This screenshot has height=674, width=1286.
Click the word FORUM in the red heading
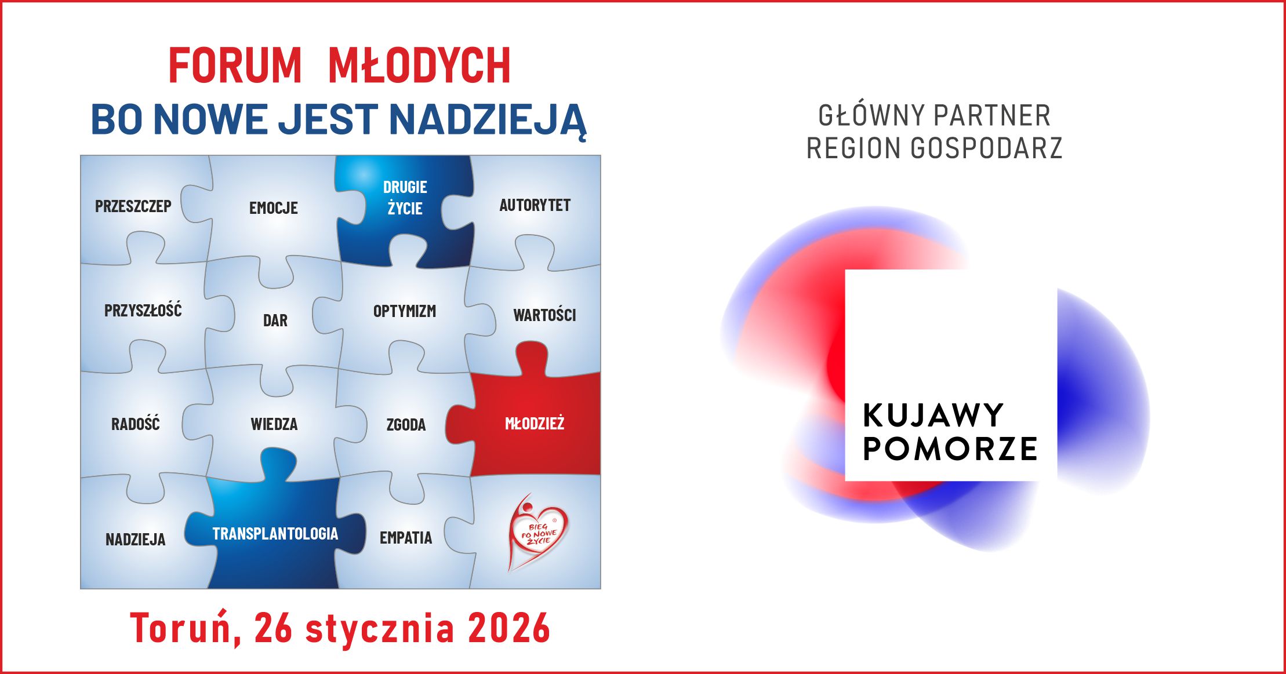click(235, 65)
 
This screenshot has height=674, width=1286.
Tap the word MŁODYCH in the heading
click(419, 65)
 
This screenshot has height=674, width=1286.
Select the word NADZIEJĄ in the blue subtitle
click(488, 119)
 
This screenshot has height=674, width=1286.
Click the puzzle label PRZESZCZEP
click(133, 206)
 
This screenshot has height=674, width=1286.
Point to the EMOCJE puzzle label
click(274, 208)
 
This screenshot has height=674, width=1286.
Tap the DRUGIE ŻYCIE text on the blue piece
click(405, 198)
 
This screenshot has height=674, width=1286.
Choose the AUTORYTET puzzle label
click(535, 205)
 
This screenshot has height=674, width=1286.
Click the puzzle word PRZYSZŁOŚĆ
click(143, 310)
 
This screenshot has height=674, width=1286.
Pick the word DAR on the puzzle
click(275, 320)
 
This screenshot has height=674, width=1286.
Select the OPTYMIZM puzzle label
click(405, 311)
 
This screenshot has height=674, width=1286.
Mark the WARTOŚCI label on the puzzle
click(544, 315)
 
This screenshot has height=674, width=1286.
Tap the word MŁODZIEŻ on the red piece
click(535, 424)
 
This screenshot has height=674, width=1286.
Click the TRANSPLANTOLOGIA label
click(275, 534)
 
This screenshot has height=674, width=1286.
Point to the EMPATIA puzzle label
click(406, 538)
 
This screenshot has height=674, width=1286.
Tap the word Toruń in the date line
click(181, 628)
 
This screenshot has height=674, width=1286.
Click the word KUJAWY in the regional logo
click(933, 416)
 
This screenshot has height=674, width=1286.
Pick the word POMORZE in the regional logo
click(950, 449)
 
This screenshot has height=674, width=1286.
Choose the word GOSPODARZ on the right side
click(986, 148)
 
